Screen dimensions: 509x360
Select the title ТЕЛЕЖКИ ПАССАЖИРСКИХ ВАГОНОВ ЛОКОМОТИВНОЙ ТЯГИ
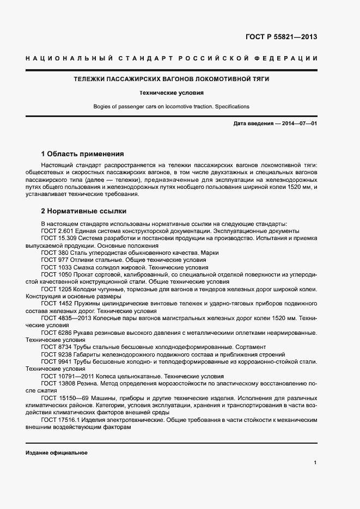pyautogui.click(x=172, y=79)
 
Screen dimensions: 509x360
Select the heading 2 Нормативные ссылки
pyautogui.click(x=84, y=210)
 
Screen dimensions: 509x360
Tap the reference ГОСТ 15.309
pyautogui.click(x=59, y=238)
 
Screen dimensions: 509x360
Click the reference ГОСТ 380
pyautogui.click(x=55, y=253)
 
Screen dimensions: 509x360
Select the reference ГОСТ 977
pyautogui.click(x=55, y=260)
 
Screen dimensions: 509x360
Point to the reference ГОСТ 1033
pyautogui.click(x=57, y=268)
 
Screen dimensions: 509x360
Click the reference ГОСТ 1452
pyautogui.click(x=57, y=303)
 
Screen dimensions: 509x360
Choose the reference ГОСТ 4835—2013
pyautogui.click(x=66, y=317)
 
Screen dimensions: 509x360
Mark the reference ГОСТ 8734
pyautogui.click(x=57, y=347)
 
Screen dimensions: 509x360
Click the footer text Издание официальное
pyautogui.click(x=56, y=453)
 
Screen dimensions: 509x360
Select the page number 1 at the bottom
pyautogui.click(x=315, y=463)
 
